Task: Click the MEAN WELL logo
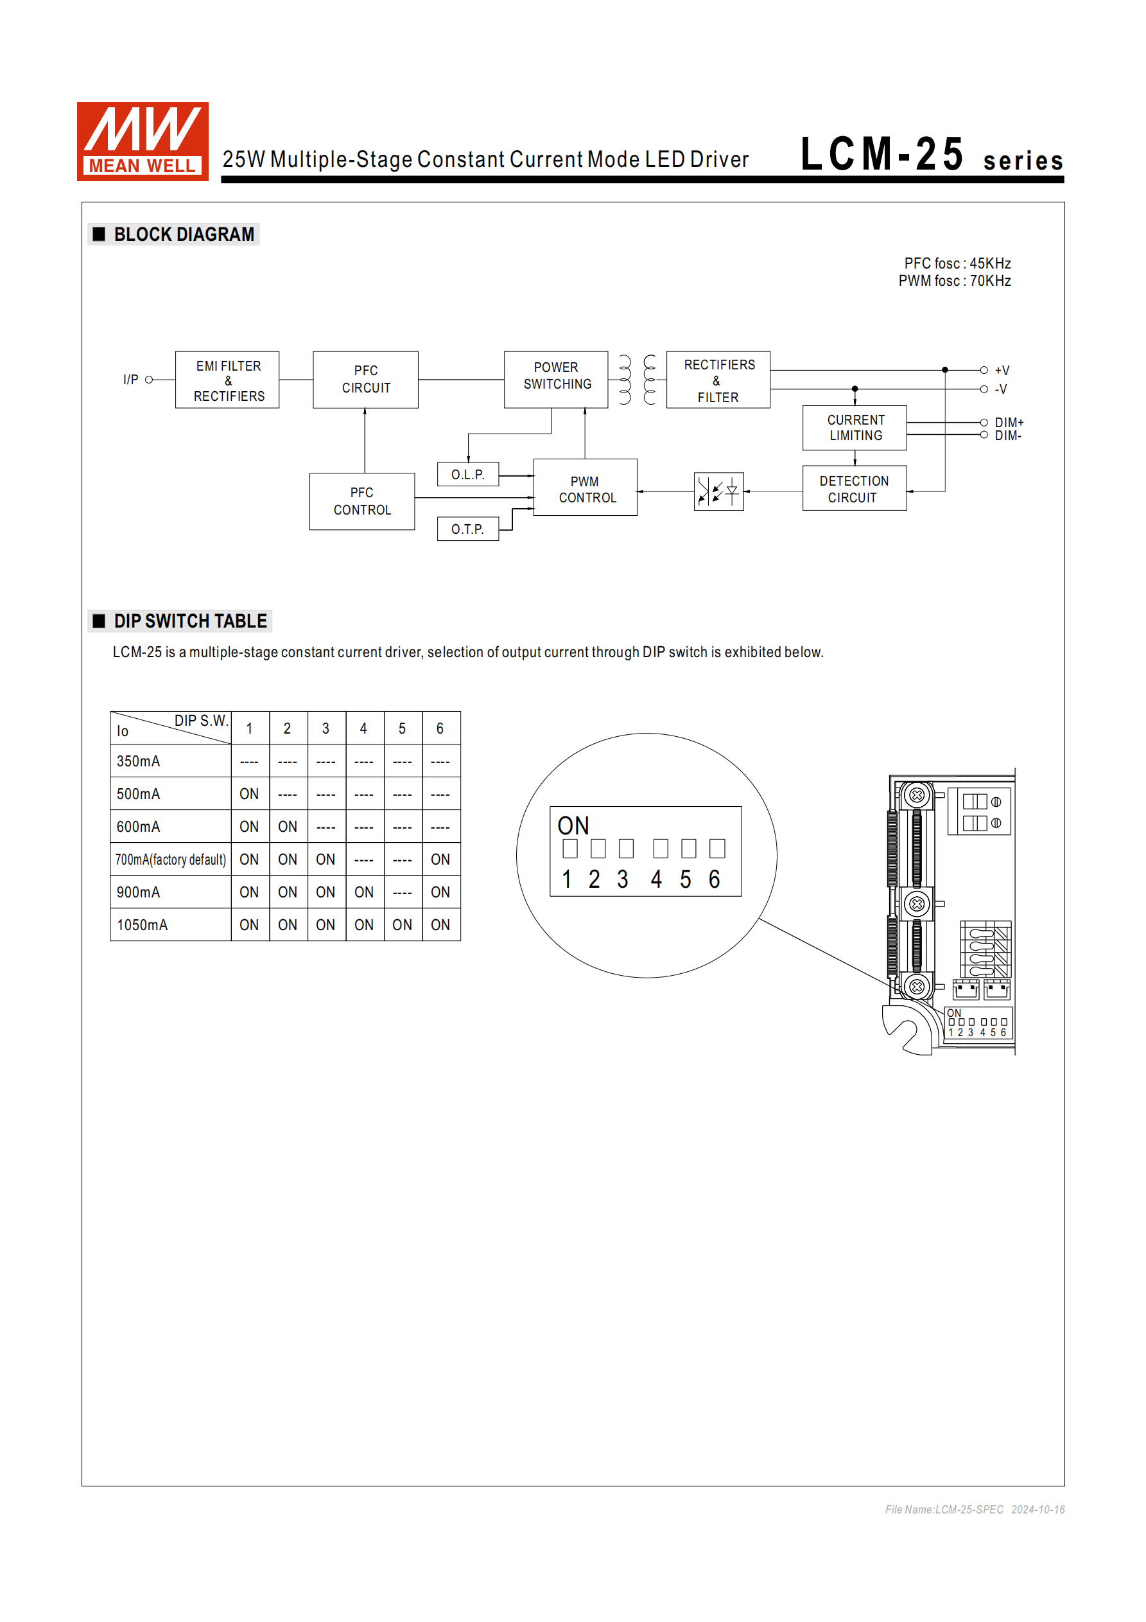point(143,141)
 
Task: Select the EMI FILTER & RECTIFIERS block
point(227,380)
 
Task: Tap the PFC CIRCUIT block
point(365,380)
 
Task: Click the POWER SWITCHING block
point(556,380)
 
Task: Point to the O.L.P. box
point(467,474)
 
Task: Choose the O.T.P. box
point(467,529)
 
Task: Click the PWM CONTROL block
point(586,488)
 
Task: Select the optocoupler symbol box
point(718,491)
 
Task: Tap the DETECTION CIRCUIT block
point(855,488)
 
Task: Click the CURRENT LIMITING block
point(855,427)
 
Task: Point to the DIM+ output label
point(1009,423)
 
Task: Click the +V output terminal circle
point(984,370)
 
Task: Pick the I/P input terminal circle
point(149,380)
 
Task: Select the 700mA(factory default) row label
point(171,859)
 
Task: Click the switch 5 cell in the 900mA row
point(403,892)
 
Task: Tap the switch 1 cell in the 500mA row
point(249,794)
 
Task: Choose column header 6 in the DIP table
point(440,728)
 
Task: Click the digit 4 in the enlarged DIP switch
point(657,879)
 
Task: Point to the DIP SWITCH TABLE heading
point(190,621)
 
